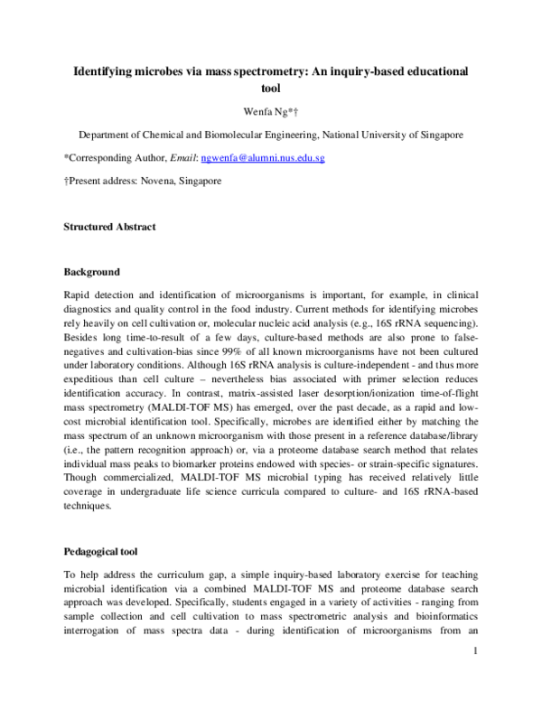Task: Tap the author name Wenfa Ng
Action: (270, 112)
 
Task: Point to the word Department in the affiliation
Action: (112, 135)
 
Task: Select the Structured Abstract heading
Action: (108, 227)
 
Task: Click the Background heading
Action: (91, 272)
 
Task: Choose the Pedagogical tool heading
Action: (103, 550)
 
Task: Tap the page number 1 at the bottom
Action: (473, 675)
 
